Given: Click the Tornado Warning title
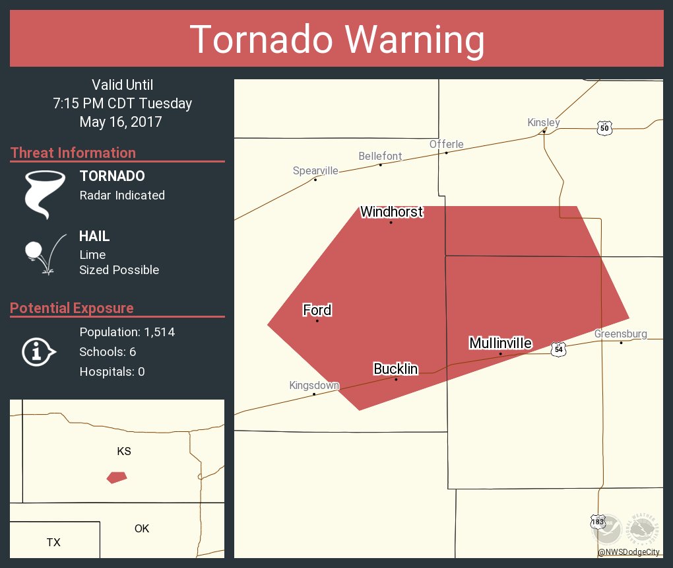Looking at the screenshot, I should pos(336,39).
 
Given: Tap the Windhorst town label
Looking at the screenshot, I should pos(391,212).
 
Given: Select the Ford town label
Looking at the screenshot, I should pos(317,310).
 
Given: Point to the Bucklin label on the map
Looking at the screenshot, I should pos(395,369).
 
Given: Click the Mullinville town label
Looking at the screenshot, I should pos(500,343).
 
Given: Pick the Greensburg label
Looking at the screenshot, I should pos(620,334).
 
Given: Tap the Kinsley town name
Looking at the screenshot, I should pos(544,122).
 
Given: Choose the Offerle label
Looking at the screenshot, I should pos(446,144).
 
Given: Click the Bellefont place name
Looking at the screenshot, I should pos(380,156).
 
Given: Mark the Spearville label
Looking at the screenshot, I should pos(315,170).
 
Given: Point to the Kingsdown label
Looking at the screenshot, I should pos(314,385).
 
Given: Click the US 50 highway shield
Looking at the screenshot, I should pos(604,128).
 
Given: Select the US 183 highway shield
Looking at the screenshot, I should pos(597,522).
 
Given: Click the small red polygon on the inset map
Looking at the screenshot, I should pos(117,477).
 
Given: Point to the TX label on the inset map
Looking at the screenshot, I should pos(53,542).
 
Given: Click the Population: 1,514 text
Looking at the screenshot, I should pos(127,332).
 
